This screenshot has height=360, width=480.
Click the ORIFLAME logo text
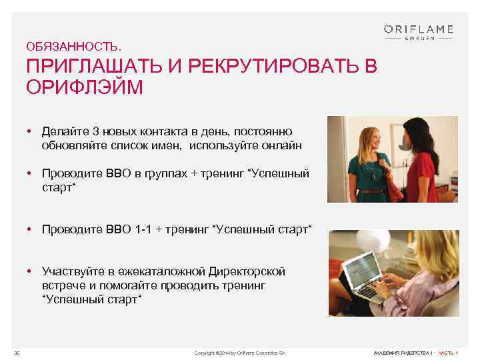[419, 29]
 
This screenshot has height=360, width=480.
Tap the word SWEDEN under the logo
[419, 39]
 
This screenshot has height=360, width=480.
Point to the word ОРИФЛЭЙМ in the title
[84, 87]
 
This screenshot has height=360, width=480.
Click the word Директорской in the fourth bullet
[247, 272]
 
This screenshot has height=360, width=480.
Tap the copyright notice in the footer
[239, 351]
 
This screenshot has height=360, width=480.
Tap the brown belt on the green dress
[371, 189]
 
